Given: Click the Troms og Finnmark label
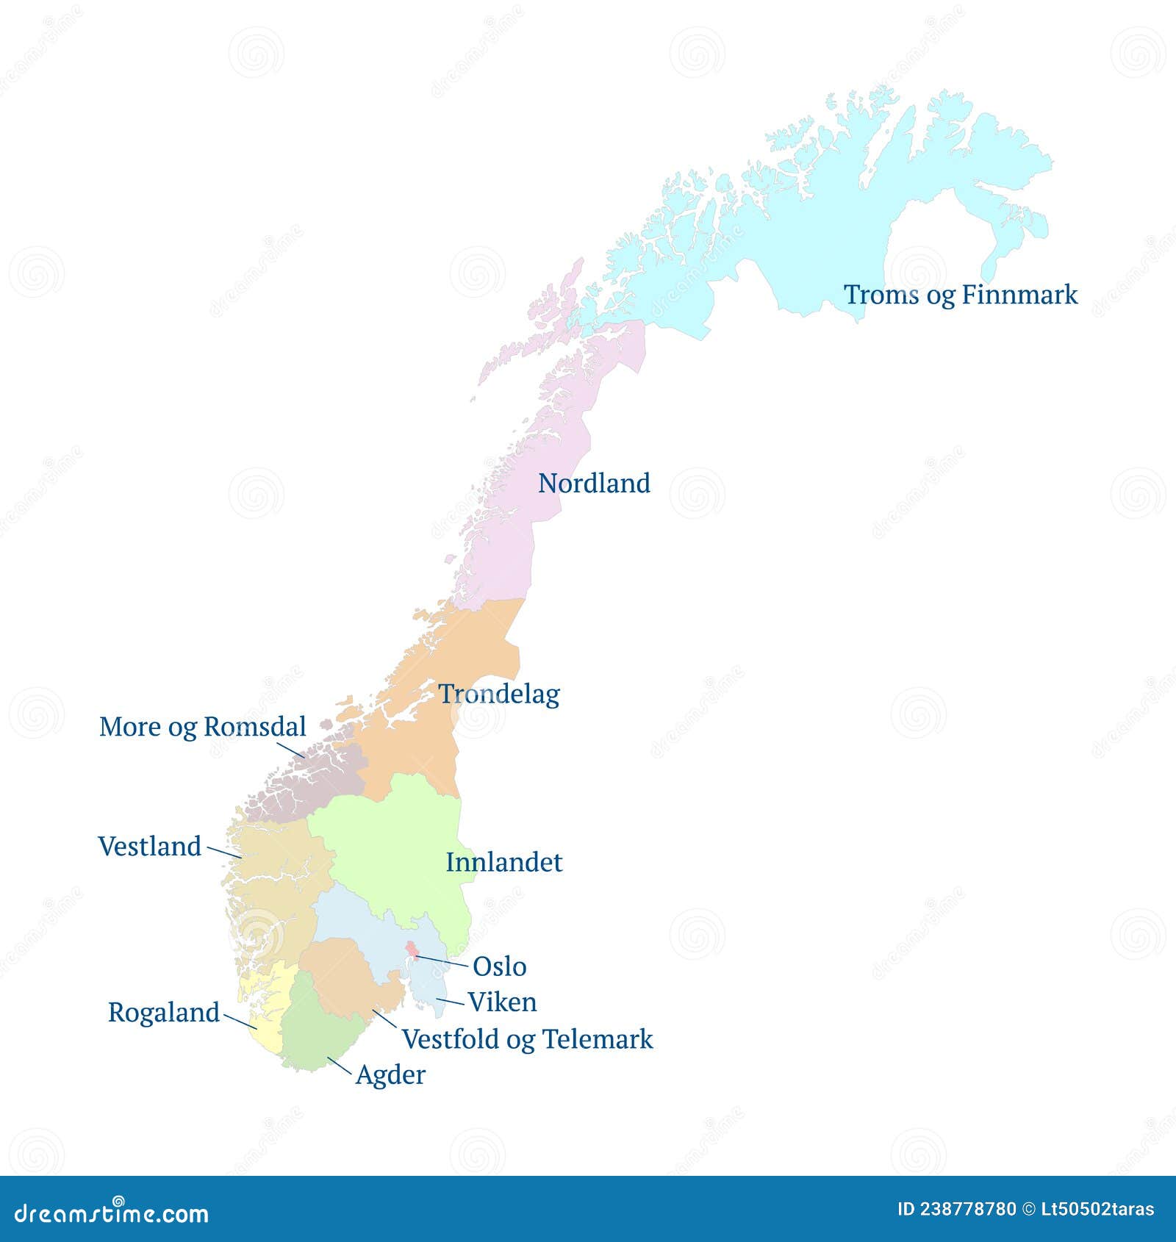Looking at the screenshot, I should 960,295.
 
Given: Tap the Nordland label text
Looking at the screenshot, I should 594,483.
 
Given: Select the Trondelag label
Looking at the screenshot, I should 499,694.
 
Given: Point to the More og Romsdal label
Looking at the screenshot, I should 202,726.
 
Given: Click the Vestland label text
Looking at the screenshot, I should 149,846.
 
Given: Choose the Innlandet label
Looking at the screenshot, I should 503,862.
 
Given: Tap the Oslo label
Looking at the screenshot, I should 499,966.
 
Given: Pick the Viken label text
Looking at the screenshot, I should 502,1002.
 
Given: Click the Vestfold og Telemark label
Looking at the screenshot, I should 527,1038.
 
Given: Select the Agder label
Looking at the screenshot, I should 390,1074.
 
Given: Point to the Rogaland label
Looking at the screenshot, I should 163,1012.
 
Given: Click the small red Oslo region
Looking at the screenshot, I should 412,950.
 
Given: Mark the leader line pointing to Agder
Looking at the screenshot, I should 339,1066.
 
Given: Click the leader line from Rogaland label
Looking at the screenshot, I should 240,1022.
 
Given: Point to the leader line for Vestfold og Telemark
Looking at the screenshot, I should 384,1019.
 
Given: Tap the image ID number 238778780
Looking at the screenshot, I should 968,1209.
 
